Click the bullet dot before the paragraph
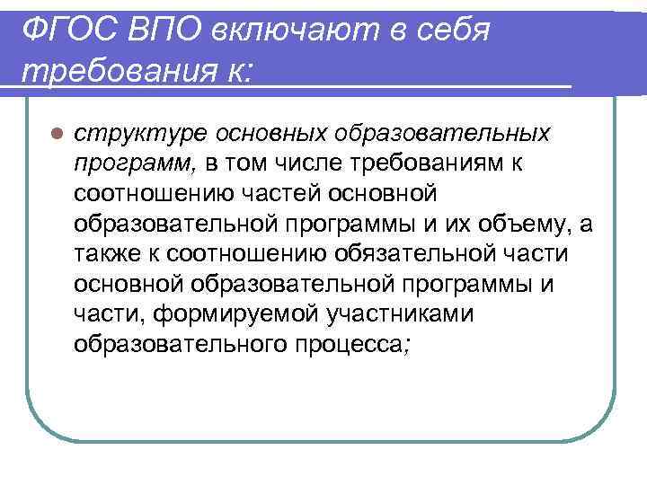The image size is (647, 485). point(56,132)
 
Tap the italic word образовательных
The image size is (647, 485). point(441,133)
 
